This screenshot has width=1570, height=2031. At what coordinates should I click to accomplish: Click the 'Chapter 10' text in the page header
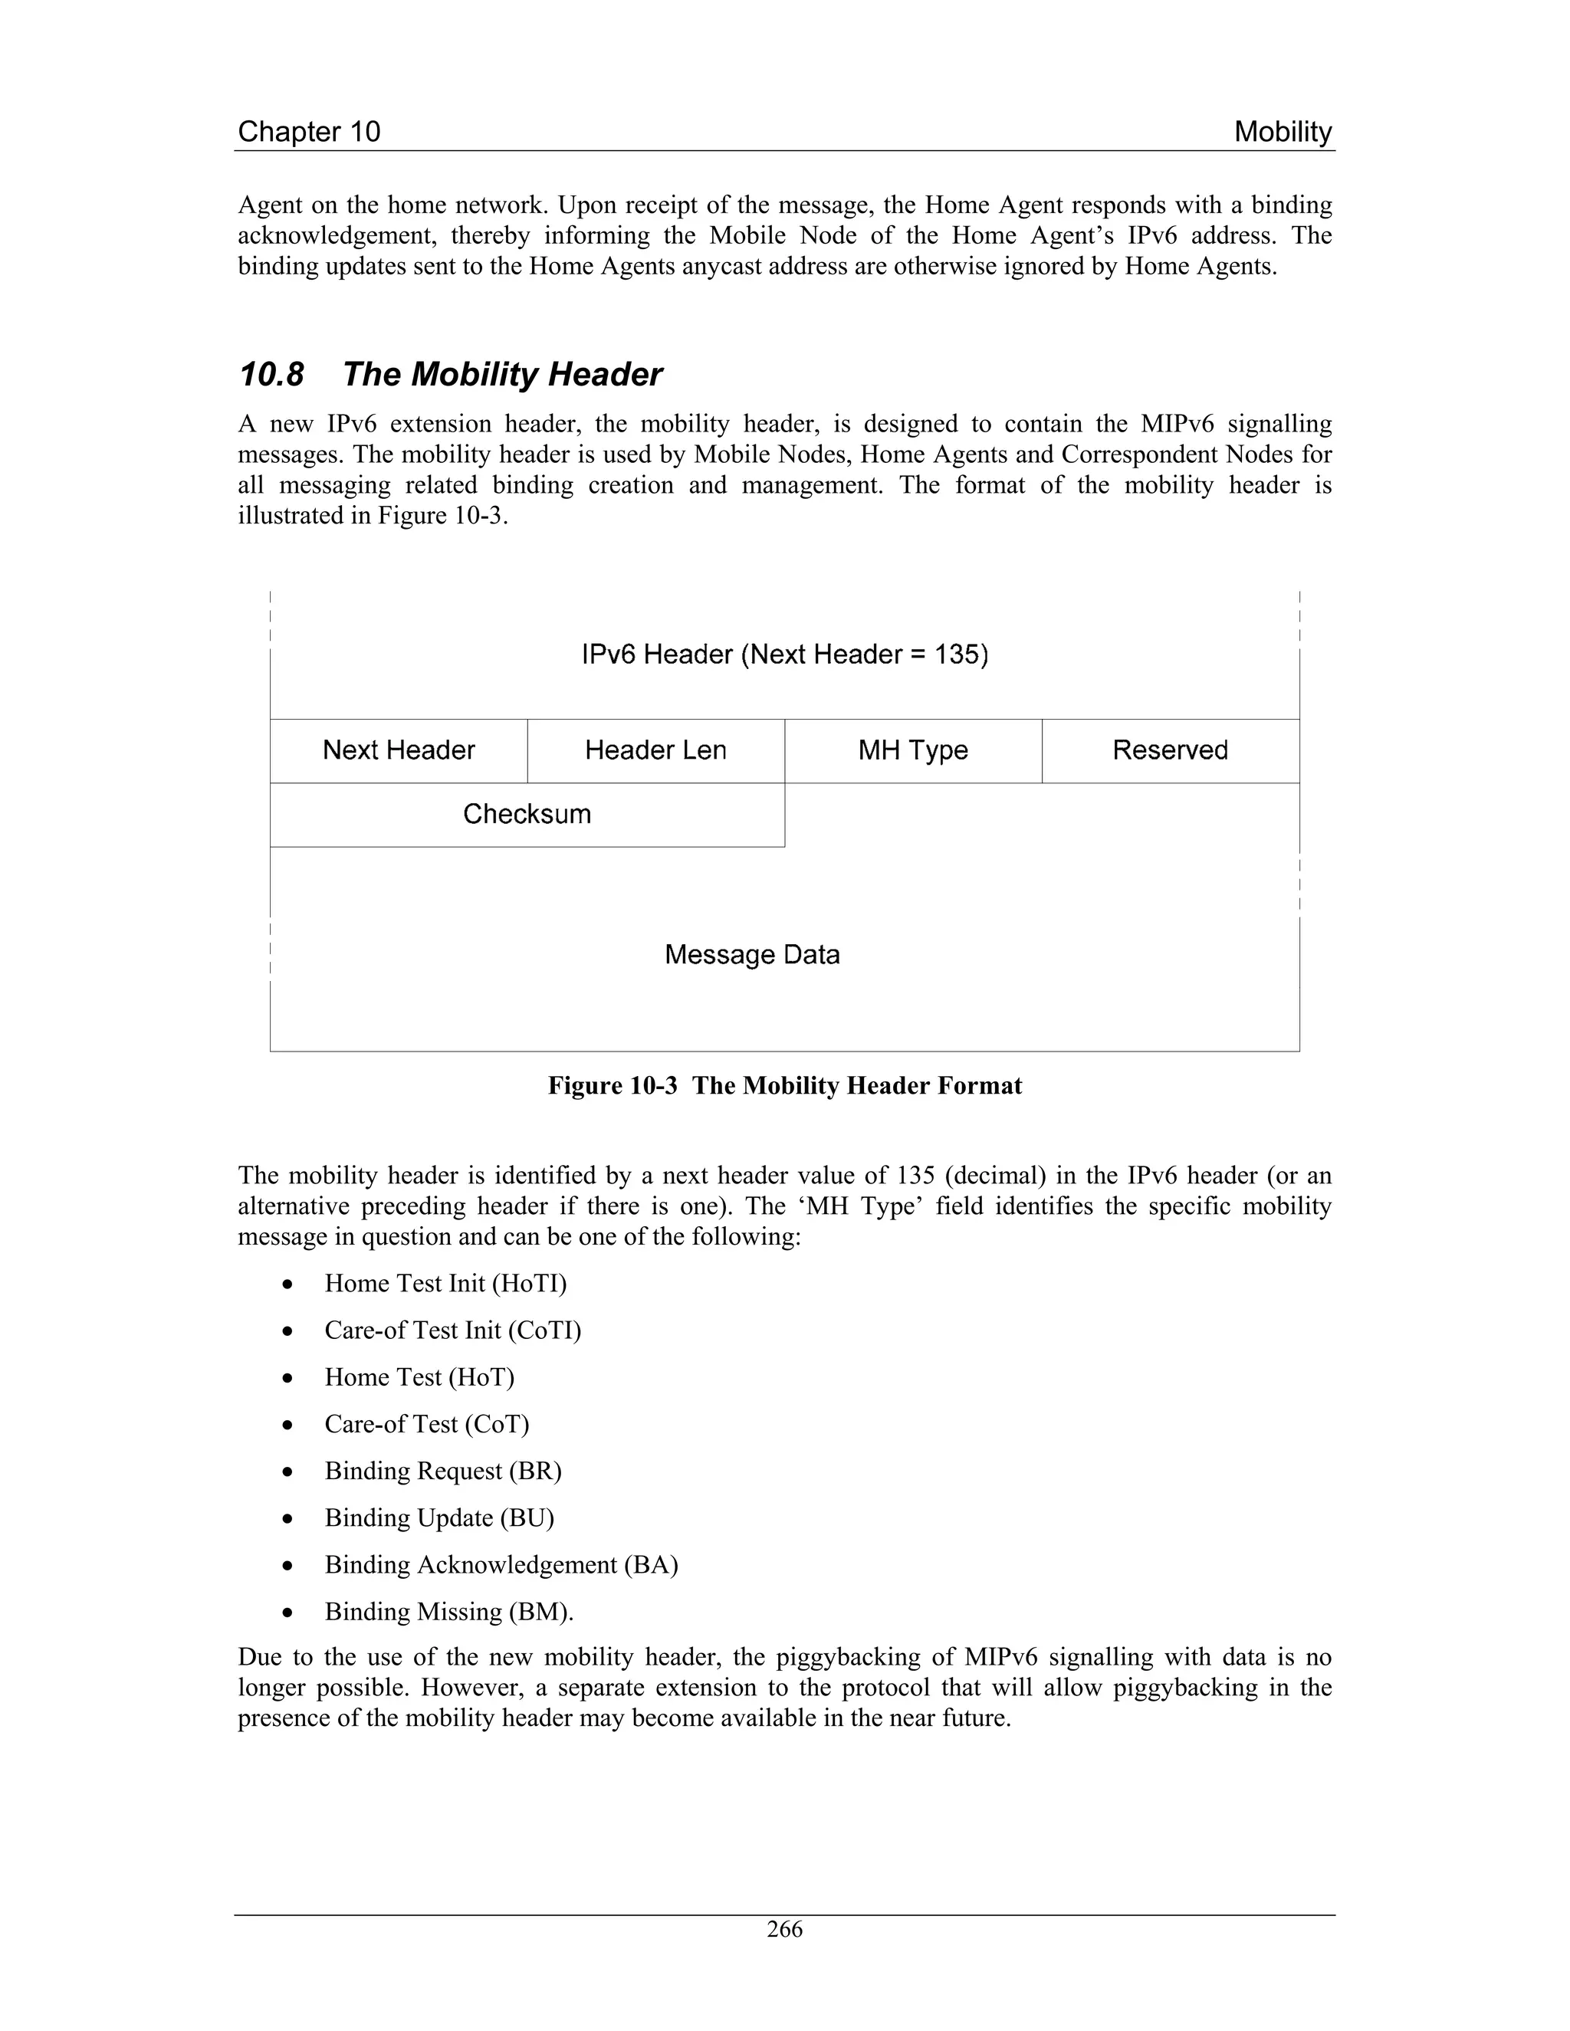pos(309,132)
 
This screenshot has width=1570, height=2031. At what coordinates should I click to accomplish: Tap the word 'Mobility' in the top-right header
pos(1283,132)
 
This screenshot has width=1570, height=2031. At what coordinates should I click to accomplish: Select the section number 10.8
pos(271,375)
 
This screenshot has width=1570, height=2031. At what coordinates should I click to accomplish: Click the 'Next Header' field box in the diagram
pos(398,750)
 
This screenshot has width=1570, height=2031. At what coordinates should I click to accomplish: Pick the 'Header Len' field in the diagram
pos(655,750)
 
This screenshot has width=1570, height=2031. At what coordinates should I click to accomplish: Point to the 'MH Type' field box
pos(912,750)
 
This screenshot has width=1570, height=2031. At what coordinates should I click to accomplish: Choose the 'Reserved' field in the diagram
pos(1170,750)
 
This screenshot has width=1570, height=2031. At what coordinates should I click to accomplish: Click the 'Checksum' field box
pos(527,815)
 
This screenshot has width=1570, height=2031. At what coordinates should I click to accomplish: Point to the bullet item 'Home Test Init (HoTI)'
pos(445,1283)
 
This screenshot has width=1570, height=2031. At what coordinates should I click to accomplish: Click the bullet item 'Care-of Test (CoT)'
pos(426,1424)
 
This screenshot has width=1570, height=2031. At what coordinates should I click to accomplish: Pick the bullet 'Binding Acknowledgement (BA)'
pos(501,1564)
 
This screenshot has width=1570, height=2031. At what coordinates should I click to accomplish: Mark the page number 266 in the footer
pos(784,1930)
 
